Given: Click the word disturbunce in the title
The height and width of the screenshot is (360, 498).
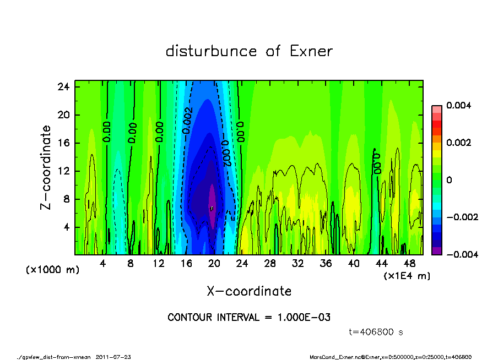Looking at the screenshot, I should (211, 51).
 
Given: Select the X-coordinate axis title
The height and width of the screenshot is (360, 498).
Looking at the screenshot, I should (249, 291).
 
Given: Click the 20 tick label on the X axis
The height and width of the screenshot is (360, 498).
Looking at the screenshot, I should (214, 263).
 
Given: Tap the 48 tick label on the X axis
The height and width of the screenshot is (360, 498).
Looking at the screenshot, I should (409, 263).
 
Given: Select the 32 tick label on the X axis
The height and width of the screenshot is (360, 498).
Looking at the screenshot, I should (298, 263).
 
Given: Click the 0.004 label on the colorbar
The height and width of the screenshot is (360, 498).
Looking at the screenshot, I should (457, 105).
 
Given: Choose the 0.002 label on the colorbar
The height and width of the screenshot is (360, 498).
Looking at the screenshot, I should (457, 143).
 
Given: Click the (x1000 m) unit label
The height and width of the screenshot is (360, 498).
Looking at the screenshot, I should (47, 271).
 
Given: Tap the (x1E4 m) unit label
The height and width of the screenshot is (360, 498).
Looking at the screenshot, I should (407, 275).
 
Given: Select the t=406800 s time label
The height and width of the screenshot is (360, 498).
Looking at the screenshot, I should (376, 332).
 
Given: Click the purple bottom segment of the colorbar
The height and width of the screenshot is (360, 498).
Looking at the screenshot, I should (436, 250).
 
